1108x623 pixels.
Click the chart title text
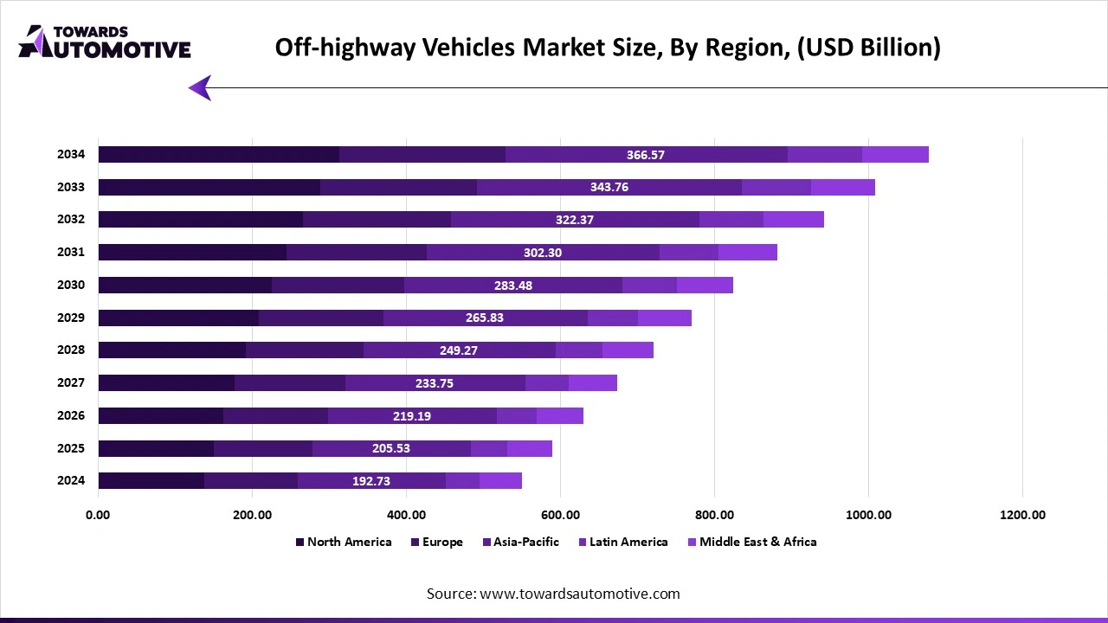608,47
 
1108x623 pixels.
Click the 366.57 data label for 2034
646,155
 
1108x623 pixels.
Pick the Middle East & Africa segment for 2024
500,481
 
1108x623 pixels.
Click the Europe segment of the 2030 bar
338,286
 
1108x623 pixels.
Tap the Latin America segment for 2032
731,220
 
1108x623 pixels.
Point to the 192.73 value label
371,481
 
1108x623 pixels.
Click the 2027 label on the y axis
71,382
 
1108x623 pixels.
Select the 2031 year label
71,252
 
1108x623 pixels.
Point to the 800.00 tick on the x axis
714,515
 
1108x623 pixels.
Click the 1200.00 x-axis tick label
1022,515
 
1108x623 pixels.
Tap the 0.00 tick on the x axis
98,515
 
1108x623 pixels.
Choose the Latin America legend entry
628,542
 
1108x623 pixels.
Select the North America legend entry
349,542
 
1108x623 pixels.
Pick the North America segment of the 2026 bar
160,415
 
